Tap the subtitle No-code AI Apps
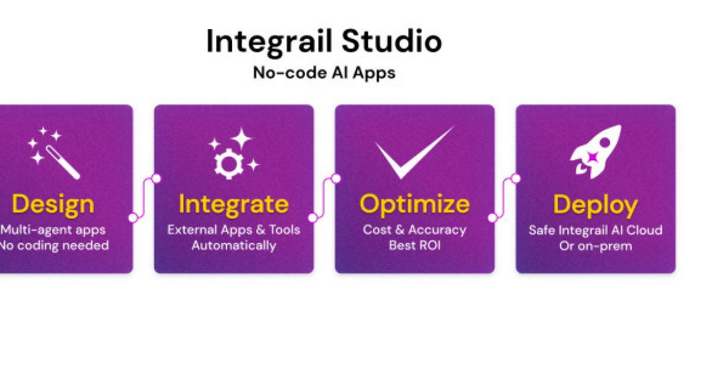coord(324,73)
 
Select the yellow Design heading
coord(53,204)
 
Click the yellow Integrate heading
coord(234,204)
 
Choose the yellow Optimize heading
coord(414,204)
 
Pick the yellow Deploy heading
coord(595,204)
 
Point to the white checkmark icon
coord(414,153)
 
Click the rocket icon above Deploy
coord(595,152)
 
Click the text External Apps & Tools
coord(234,230)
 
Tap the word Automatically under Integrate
coord(234,245)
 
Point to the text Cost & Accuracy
coord(414,230)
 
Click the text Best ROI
coord(414,245)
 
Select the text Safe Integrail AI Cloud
coord(595,230)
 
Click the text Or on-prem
coord(595,245)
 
